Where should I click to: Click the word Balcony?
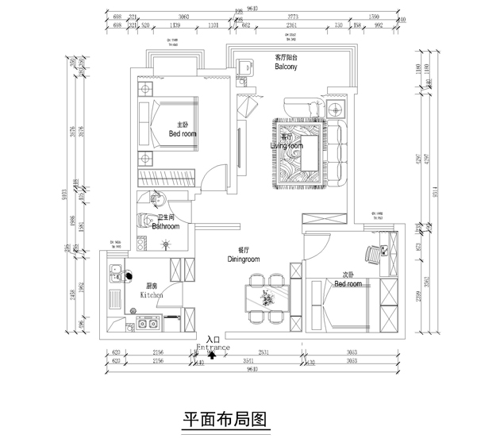tap(286, 67)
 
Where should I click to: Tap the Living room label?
tap(287, 146)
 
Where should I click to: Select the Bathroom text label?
tap(165, 226)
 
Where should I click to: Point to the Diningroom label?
tap(244, 258)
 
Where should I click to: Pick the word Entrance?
tap(212, 348)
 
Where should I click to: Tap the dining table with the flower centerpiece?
tap(265, 298)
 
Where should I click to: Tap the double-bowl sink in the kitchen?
tap(147, 323)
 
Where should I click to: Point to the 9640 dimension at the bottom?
tap(252, 370)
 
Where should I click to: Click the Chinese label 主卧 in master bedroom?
tap(182, 125)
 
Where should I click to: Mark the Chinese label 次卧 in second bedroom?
tap(347, 275)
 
